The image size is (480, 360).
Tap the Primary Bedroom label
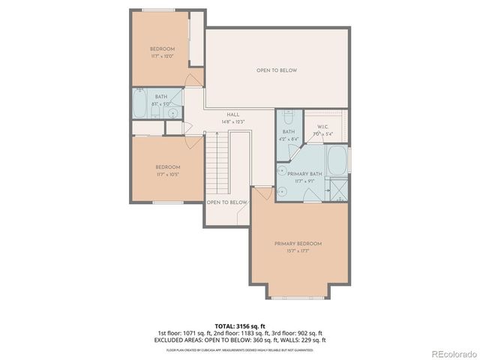coord(298,244)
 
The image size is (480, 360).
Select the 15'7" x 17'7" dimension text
coord(298,250)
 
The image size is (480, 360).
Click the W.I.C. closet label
coord(324,127)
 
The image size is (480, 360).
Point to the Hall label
coord(233,114)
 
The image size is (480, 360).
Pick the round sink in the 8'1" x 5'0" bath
coord(173,114)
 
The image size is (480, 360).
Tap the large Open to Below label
coord(277,70)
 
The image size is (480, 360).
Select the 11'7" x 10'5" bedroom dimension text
coord(167,174)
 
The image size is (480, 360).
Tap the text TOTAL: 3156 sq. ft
coord(239,326)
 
